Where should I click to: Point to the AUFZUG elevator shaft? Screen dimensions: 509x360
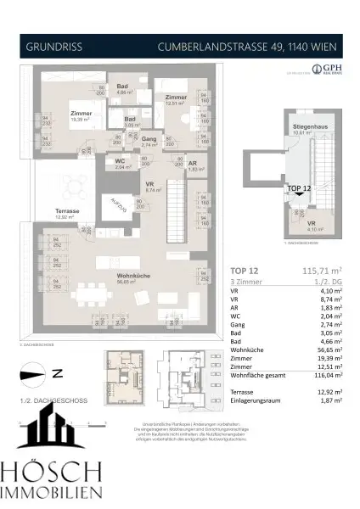tap(121, 204)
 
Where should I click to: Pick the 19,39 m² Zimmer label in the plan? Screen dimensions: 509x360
tap(82, 117)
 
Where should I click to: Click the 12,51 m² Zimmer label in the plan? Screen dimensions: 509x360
tap(177, 100)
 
